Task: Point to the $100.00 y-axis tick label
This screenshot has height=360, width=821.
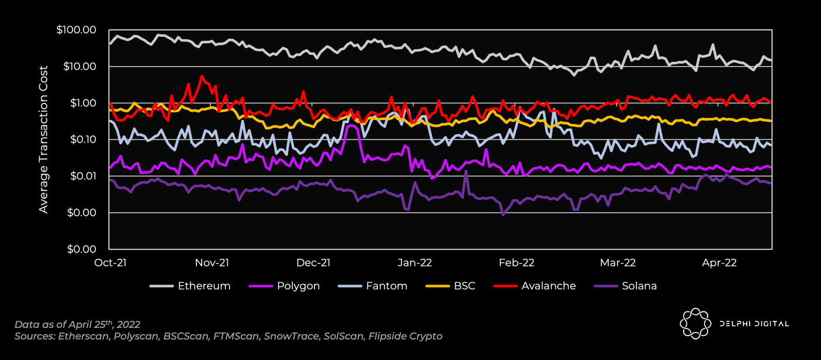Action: point(76,30)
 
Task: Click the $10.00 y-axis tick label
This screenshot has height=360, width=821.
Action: point(79,66)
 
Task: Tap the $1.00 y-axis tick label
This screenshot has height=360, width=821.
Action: point(82,103)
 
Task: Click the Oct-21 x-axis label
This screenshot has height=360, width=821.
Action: point(110,263)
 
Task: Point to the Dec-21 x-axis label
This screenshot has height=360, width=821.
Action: point(314,263)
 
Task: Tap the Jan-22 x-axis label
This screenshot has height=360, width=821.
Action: point(415,263)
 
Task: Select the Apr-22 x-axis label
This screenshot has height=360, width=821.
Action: point(719,263)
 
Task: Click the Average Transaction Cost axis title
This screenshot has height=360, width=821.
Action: point(44,139)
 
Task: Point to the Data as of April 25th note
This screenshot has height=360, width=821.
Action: point(78,324)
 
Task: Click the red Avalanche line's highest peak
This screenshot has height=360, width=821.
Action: point(202,76)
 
